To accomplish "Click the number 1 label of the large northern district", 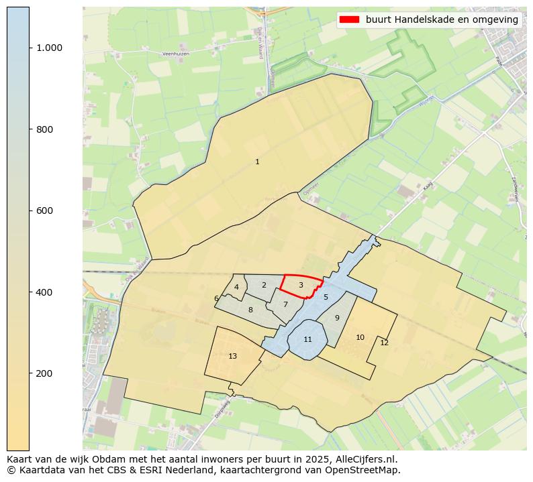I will point(257,162).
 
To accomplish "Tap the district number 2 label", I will point(264,285).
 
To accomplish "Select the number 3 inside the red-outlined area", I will point(301,285).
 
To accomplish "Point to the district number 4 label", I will point(236,288).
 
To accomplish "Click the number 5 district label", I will point(326,297).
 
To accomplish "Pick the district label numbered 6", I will point(216,299).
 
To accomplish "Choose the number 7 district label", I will point(285,304).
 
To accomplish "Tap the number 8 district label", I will point(250,310).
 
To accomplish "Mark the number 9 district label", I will point(337,318).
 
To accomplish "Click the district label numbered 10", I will point(360,337).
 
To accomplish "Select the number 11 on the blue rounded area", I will point(307,339).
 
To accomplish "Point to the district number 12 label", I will point(384,343).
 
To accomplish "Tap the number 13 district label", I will point(232,356).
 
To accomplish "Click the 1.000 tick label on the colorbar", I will point(49,48).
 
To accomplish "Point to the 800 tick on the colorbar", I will point(44,129).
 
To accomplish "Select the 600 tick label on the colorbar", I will point(44,210).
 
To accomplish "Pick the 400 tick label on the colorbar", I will point(44,292).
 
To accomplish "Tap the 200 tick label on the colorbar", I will point(44,373).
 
